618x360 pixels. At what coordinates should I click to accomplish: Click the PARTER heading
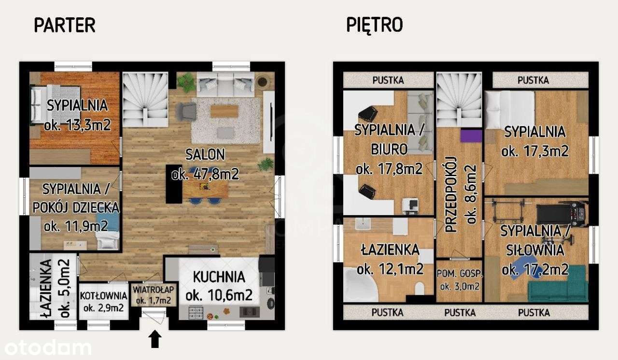coord(65,25)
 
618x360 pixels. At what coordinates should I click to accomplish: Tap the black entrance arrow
coord(155,339)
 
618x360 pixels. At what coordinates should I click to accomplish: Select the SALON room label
coord(205,154)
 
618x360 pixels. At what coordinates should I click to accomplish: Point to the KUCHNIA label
coord(219,277)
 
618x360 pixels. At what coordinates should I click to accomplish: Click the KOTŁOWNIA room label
coord(104,296)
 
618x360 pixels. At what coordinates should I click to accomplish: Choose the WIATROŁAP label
coord(154,290)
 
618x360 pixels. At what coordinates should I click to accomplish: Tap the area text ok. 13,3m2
coord(77,125)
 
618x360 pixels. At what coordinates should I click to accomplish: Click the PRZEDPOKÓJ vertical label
coord(451,194)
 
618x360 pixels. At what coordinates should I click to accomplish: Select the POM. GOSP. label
coord(460,274)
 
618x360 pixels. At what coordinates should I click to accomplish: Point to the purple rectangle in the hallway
coord(471,136)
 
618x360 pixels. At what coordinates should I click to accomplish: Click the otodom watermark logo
coord(48,348)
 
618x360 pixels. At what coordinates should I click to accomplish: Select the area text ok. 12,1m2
coord(390,269)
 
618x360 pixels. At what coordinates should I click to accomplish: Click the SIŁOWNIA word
coord(535,250)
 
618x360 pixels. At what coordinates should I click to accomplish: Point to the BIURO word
coord(389,150)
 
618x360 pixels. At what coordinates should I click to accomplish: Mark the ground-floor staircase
coord(145,99)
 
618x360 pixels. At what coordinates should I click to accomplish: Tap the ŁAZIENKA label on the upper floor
coord(390,250)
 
